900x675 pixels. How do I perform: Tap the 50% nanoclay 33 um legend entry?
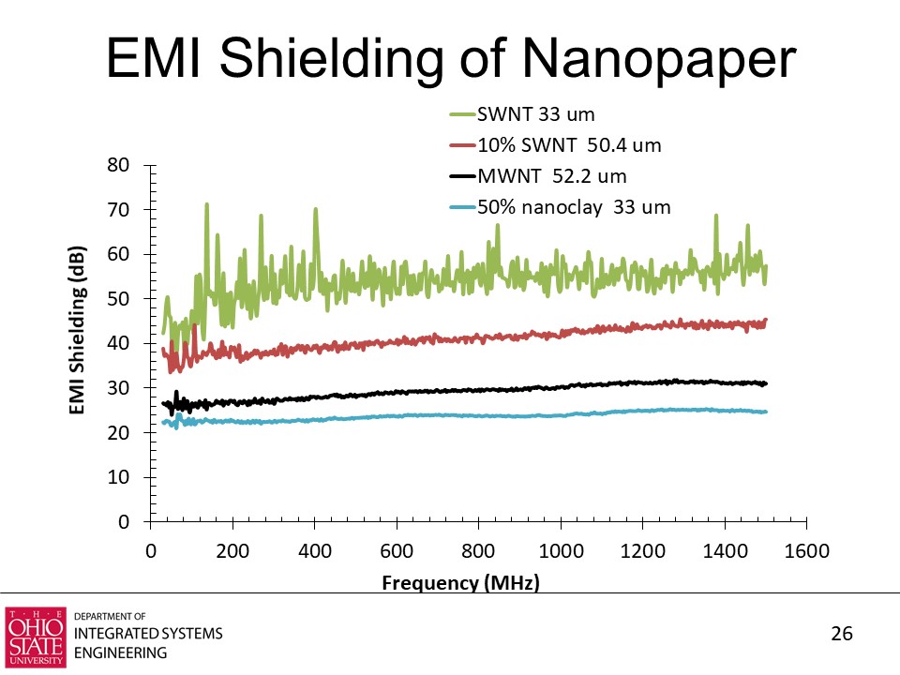(574, 207)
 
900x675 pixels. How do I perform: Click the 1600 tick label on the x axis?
(806, 551)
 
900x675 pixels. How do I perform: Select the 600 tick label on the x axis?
(397, 551)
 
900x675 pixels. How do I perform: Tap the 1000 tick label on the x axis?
(561, 551)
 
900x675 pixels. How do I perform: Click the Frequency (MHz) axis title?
(461, 583)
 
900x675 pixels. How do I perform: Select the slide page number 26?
(842, 635)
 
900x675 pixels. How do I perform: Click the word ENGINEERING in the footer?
(120, 652)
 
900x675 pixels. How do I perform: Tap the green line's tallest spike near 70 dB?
(206, 204)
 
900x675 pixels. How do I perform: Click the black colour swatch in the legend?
(462, 176)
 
